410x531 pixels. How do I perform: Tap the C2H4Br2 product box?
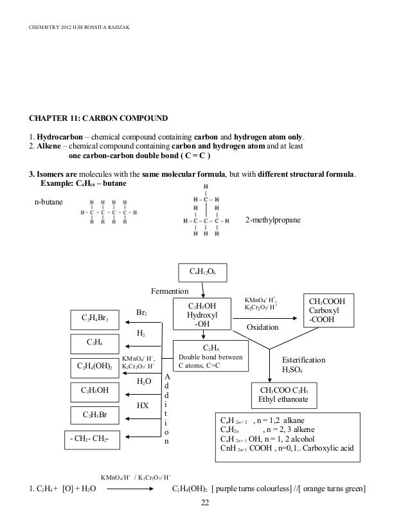click(98, 318)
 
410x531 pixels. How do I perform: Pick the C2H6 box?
click(95, 343)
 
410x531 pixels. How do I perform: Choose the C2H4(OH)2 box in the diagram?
click(94, 366)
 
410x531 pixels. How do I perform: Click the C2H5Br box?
click(94, 414)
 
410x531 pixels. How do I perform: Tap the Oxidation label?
click(263, 327)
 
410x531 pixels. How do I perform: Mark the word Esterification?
click(304, 360)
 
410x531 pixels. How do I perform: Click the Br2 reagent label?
click(143, 313)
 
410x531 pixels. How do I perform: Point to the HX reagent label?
click(143, 406)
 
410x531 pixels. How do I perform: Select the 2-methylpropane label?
click(273, 221)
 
